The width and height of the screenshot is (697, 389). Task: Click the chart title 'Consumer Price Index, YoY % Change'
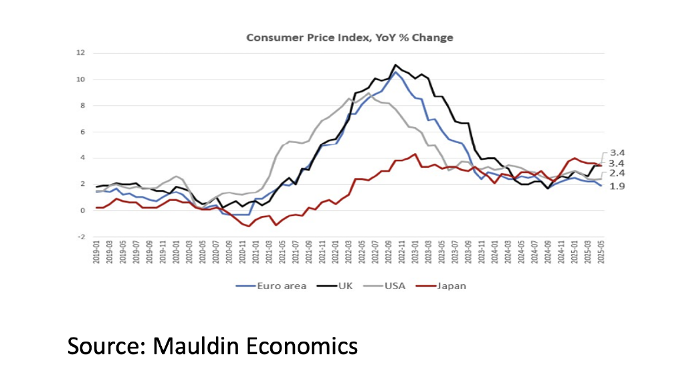(349, 37)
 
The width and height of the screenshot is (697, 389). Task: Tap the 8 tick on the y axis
(80, 106)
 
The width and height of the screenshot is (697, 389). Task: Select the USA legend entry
(387, 285)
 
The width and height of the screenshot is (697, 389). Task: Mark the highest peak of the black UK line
(395, 65)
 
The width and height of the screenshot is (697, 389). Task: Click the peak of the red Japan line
(415, 154)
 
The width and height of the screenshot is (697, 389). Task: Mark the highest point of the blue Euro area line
(395, 72)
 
